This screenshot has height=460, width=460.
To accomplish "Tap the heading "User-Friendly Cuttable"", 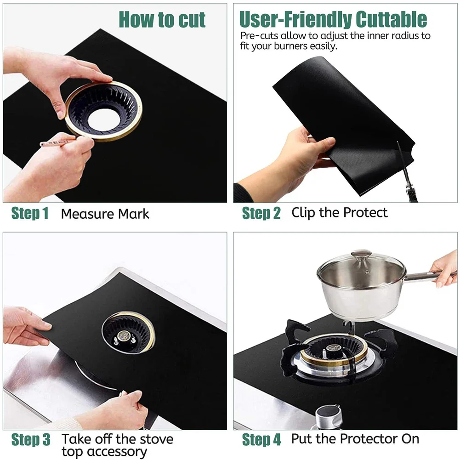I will pyautogui.click(x=333, y=19).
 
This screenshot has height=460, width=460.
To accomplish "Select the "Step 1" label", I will pyautogui.click(x=30, y=214).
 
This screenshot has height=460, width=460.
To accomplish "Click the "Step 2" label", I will pyautogui.click(x=261, y=213).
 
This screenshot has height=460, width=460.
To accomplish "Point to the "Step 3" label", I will pyautogui.click(x=31, y=439).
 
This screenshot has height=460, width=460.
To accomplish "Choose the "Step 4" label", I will pyautogui.click(x=261, y=439).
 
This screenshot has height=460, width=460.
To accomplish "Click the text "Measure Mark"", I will pyautogui.click(x=105, y=214).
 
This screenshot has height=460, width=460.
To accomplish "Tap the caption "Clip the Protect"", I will pyautogui.click(x=339, y=213).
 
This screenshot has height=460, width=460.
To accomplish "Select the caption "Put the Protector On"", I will pyautogui.click(x=355, y=439).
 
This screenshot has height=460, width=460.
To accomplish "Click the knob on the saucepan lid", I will pyautogui.click(x=361, y=255).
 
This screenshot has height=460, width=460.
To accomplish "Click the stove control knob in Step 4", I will pyautogui.click(x=329, y=416).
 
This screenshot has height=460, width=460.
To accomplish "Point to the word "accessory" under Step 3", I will pyautogui.click(x=104, y=452).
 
